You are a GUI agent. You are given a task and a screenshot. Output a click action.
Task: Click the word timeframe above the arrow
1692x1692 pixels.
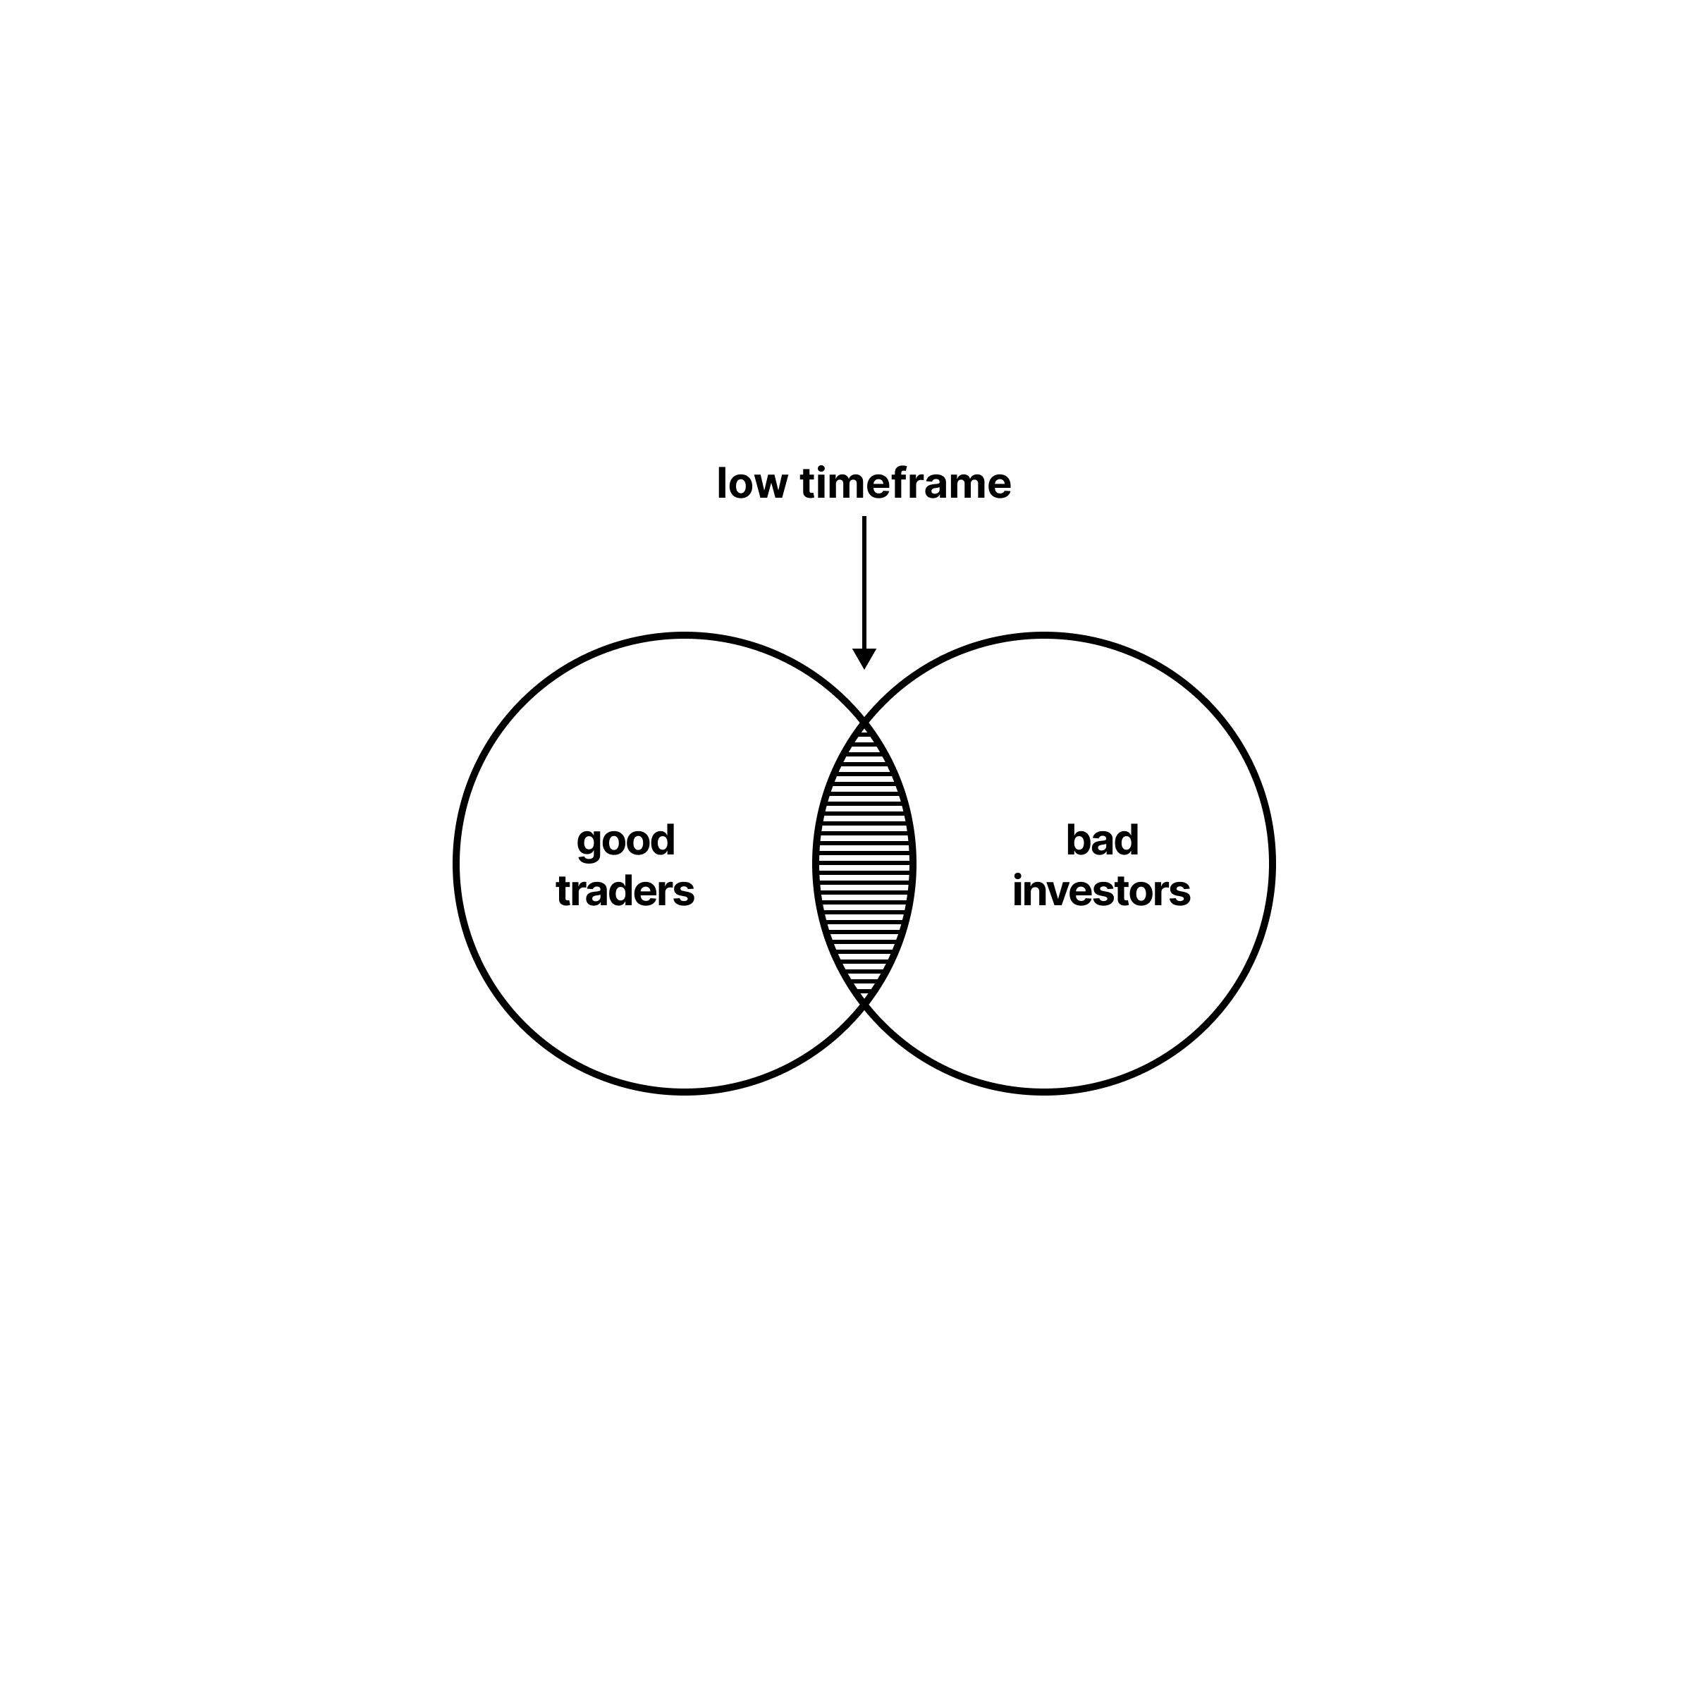tap(905, 484)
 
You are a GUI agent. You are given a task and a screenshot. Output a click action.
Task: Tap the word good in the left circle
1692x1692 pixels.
tap(625, 841)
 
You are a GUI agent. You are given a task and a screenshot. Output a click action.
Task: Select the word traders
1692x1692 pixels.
tap(625, 892)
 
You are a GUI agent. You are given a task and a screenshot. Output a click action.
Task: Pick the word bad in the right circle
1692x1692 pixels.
tap(1102, 841)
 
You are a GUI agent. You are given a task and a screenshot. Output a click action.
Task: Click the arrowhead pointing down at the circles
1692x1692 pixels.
tap(864, 658)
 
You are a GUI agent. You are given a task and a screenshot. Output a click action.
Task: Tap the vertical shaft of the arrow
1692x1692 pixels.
tap(864, 582)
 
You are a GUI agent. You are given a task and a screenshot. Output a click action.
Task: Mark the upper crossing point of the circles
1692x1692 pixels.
tap(864, 723)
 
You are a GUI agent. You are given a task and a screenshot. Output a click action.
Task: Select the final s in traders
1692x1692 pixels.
tap(685, 893)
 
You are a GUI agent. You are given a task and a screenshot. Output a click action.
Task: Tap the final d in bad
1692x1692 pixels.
tap(1128, 841)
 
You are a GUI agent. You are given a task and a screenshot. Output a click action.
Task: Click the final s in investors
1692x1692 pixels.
tap(1181, 893)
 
